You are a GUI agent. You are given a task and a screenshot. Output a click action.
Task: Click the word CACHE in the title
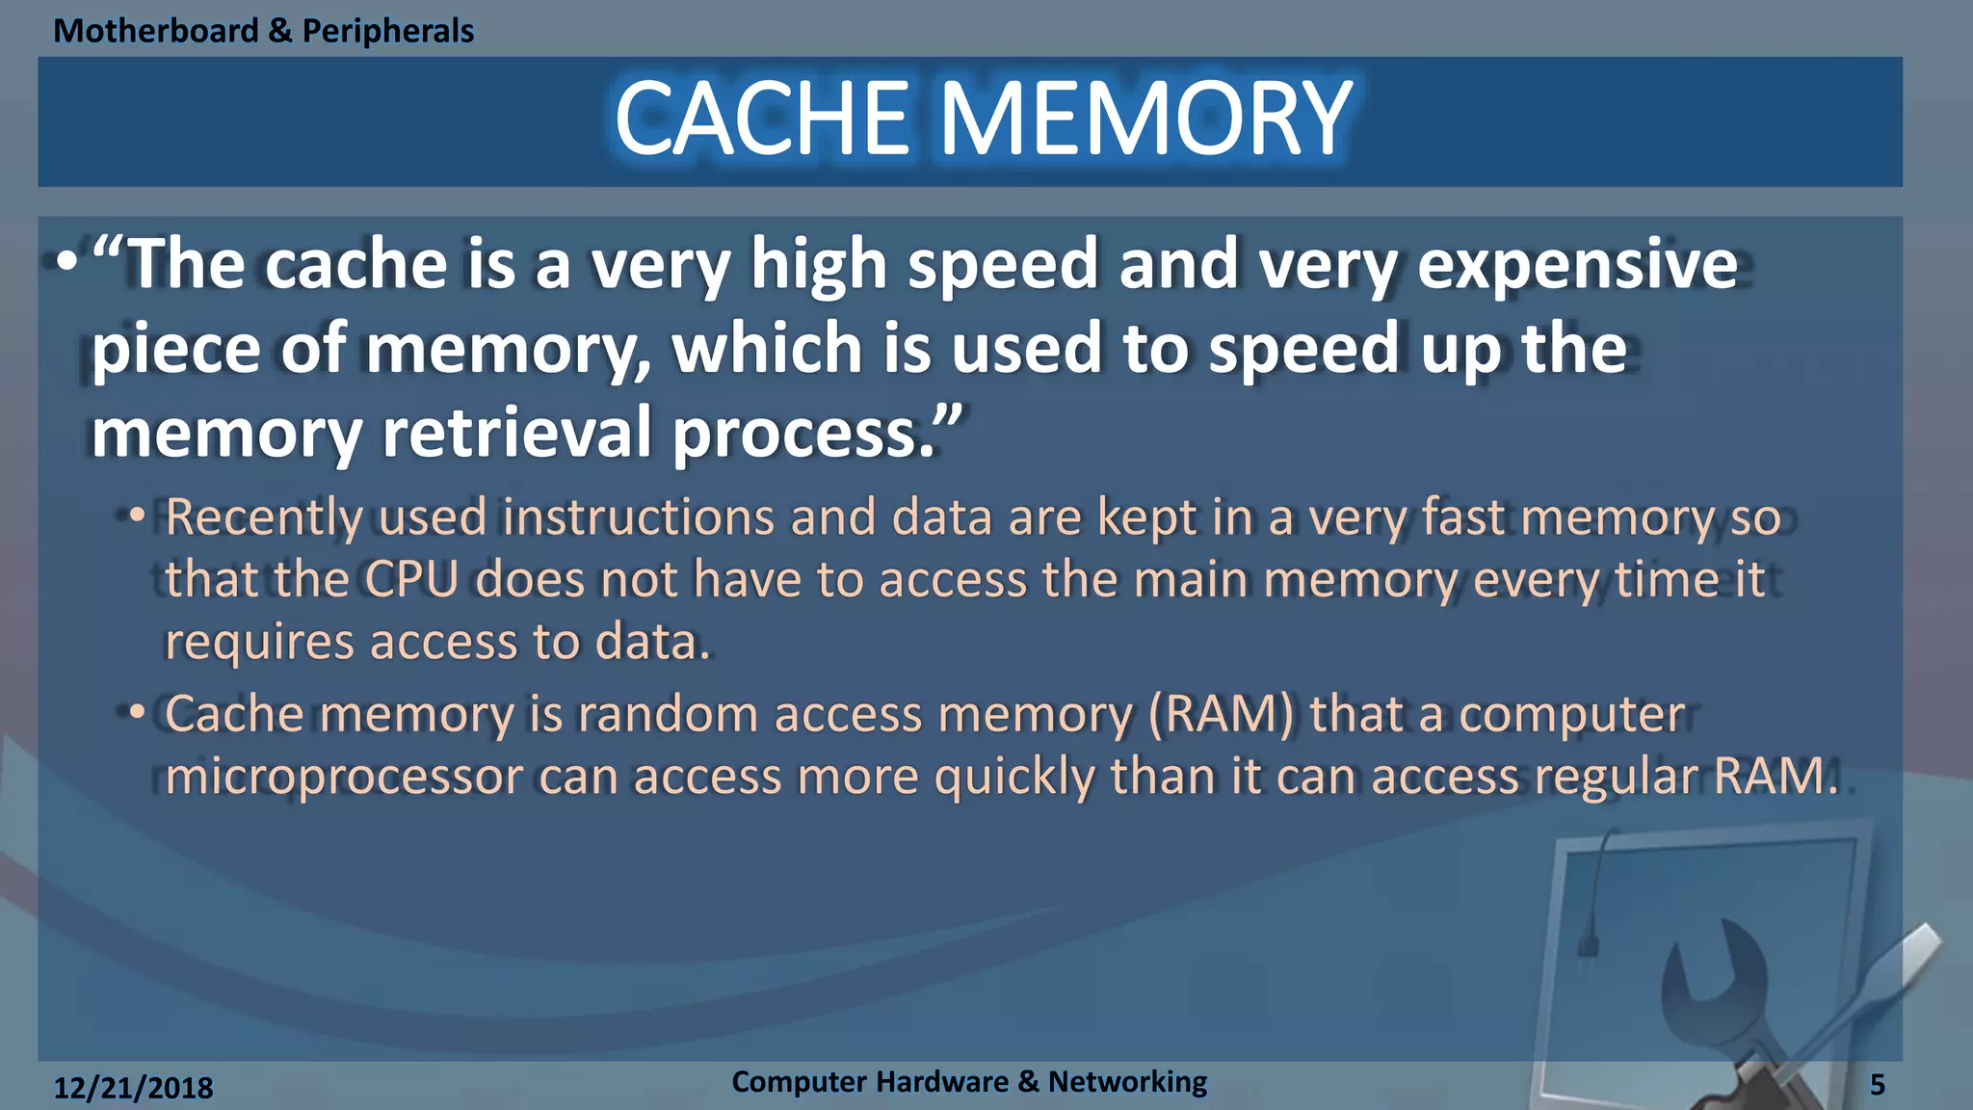point(761,119)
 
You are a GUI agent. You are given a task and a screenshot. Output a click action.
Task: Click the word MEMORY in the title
point(1146,119)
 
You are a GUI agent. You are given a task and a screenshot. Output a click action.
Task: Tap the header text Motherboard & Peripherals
point(263,31)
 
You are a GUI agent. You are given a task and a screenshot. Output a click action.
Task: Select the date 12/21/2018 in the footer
point(133,1088)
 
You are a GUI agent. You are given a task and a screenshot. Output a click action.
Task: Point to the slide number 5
point(1877,1085)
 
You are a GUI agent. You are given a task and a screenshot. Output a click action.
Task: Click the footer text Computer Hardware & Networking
point(968,1082)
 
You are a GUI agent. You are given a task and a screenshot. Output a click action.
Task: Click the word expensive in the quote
point(1577,265)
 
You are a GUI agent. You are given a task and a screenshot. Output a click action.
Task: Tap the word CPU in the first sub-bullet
point(411,580)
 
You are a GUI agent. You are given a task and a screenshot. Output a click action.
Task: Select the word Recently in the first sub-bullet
point(263,518)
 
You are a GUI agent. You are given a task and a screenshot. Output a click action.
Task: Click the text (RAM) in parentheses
point(1221,715)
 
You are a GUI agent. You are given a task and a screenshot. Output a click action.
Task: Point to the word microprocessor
point(343,777)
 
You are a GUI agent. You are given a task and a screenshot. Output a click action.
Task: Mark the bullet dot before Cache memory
point(137,713)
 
